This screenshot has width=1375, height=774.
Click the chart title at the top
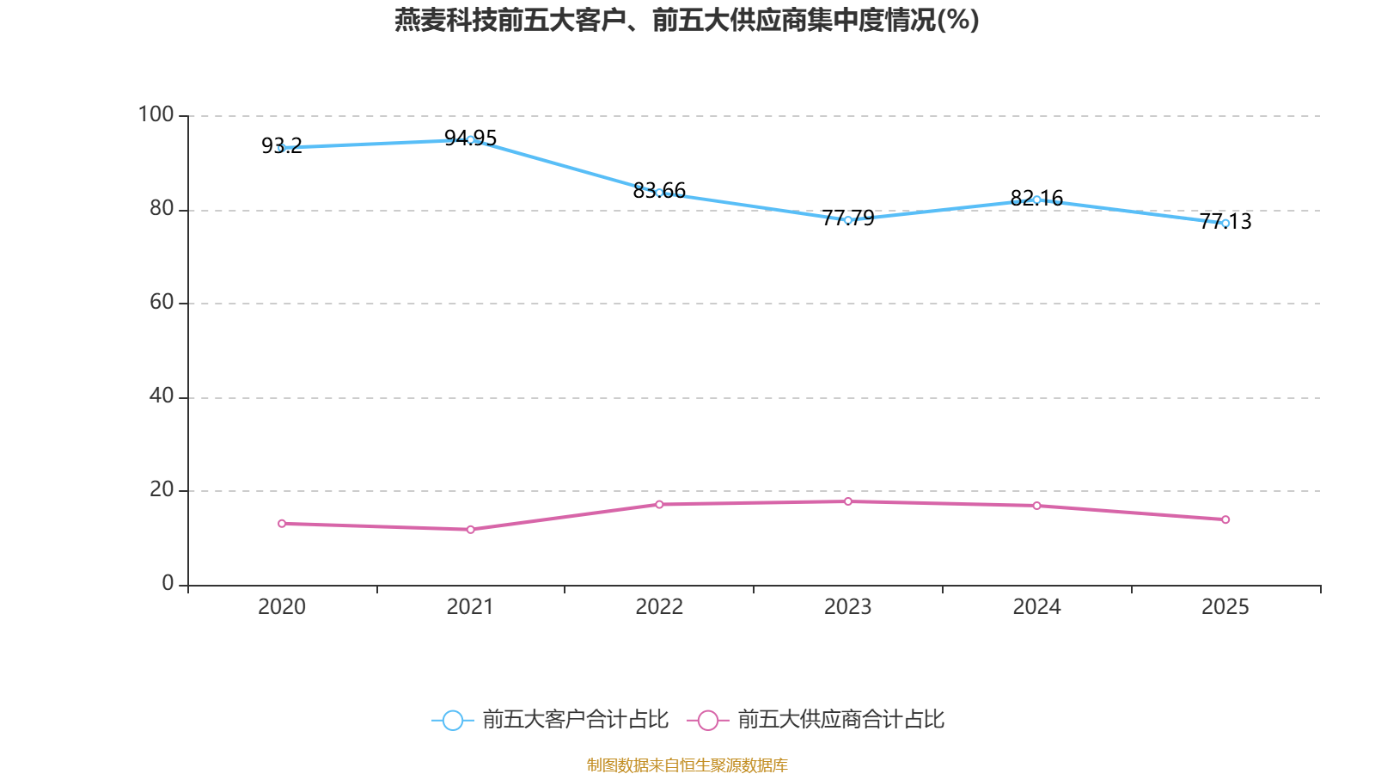(687, 20)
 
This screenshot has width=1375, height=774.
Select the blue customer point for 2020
(281, 149)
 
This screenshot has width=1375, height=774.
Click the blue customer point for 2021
(470, 139)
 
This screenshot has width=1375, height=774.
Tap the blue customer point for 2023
(848, 220)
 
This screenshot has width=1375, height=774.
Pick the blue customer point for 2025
(1225, 224)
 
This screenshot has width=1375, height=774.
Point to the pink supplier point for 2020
(282, 523)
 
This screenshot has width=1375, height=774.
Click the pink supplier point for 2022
(659, 504)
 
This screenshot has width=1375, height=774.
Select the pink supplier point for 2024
(1037, 506)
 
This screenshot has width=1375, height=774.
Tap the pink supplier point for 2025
(1225, 519)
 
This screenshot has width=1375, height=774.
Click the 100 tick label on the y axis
(156, 114)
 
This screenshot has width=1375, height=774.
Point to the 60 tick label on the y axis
(162, 302)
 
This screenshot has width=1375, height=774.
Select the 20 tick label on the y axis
(162, 489)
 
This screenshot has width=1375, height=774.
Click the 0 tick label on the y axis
(168, 583)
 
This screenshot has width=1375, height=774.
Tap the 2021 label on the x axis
(470, 607)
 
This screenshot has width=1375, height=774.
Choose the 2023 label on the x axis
(847, 607)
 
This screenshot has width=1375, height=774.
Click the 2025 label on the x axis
(1225, 607)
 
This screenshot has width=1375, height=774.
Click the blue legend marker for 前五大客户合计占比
(452, 720)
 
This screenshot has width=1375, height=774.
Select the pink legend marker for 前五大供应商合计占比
(707, 720)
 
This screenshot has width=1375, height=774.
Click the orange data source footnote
(687, 765)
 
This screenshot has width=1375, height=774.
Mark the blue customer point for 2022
(659, 193)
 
